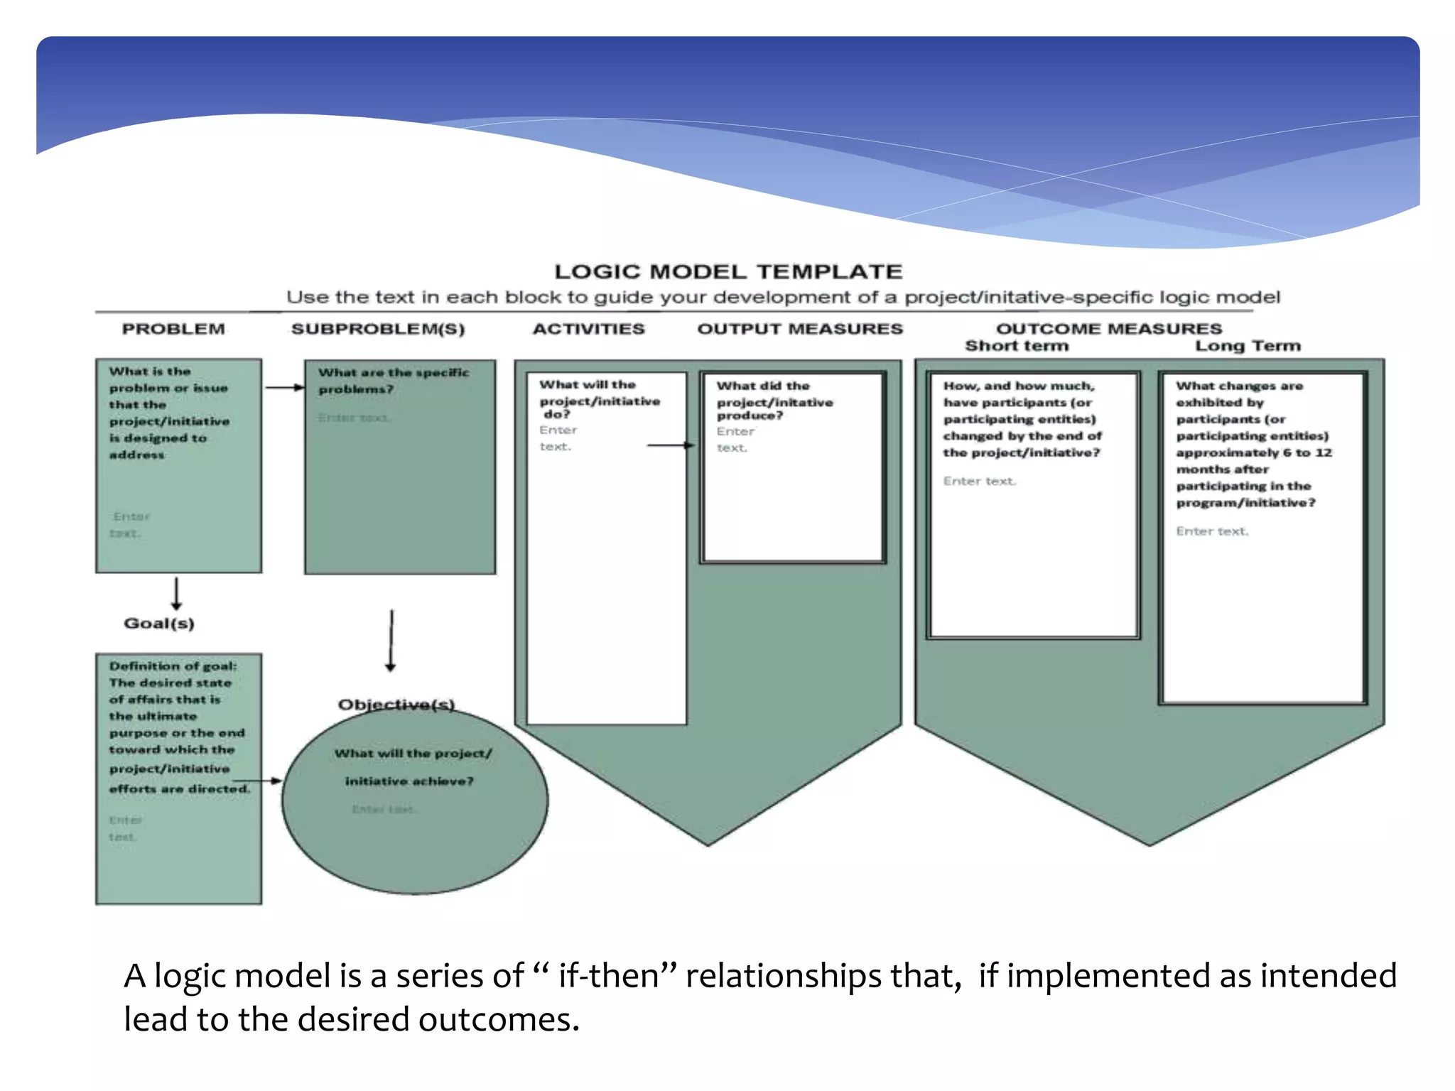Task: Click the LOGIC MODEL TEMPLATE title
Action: point(728,271)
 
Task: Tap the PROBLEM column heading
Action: point(173,329)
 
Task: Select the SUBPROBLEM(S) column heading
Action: point(378,329)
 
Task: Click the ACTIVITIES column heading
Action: point(588,329)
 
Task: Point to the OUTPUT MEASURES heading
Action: point(800,329)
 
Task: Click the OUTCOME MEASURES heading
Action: point(1108,328)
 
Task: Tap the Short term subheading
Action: point(1017,346)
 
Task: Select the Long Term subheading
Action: point(1248,346)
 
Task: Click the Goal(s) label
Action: point(159,623)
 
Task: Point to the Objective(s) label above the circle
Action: point(396,704)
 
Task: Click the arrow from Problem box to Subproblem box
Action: point(284,388)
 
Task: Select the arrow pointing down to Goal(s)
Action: point(176,594)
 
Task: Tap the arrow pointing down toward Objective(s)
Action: point(391,640)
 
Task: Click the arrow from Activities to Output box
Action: point(671,445)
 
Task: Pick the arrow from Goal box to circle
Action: point(268,781)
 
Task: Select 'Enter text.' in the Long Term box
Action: point(1212,531)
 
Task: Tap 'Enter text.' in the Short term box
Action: point(979,482)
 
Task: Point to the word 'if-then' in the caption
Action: point(609,976)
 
